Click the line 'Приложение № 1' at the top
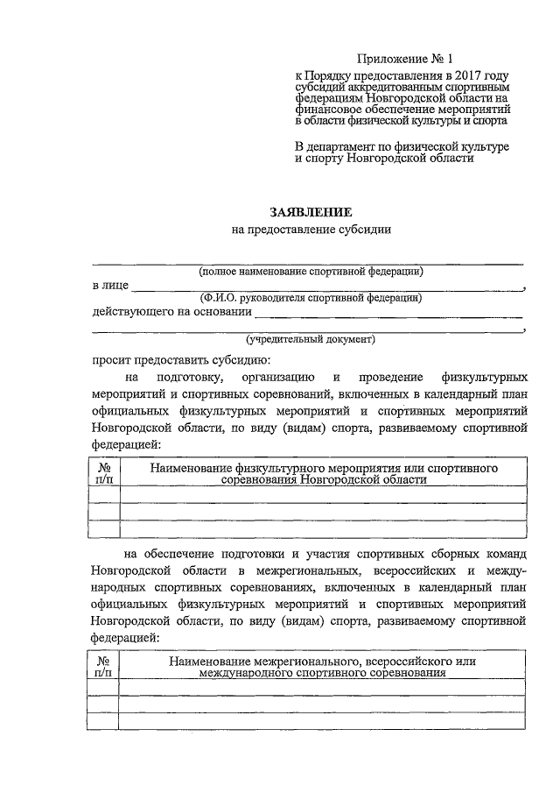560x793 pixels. point(401,60)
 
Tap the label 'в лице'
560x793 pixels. point(110,286)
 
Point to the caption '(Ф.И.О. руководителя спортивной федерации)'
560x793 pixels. point(311,298)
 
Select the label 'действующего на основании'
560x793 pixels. point(170,311)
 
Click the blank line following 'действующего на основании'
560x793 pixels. point(389,315)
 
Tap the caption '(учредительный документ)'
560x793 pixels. point(311,338)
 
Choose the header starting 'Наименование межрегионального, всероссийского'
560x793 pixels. point(323,667)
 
